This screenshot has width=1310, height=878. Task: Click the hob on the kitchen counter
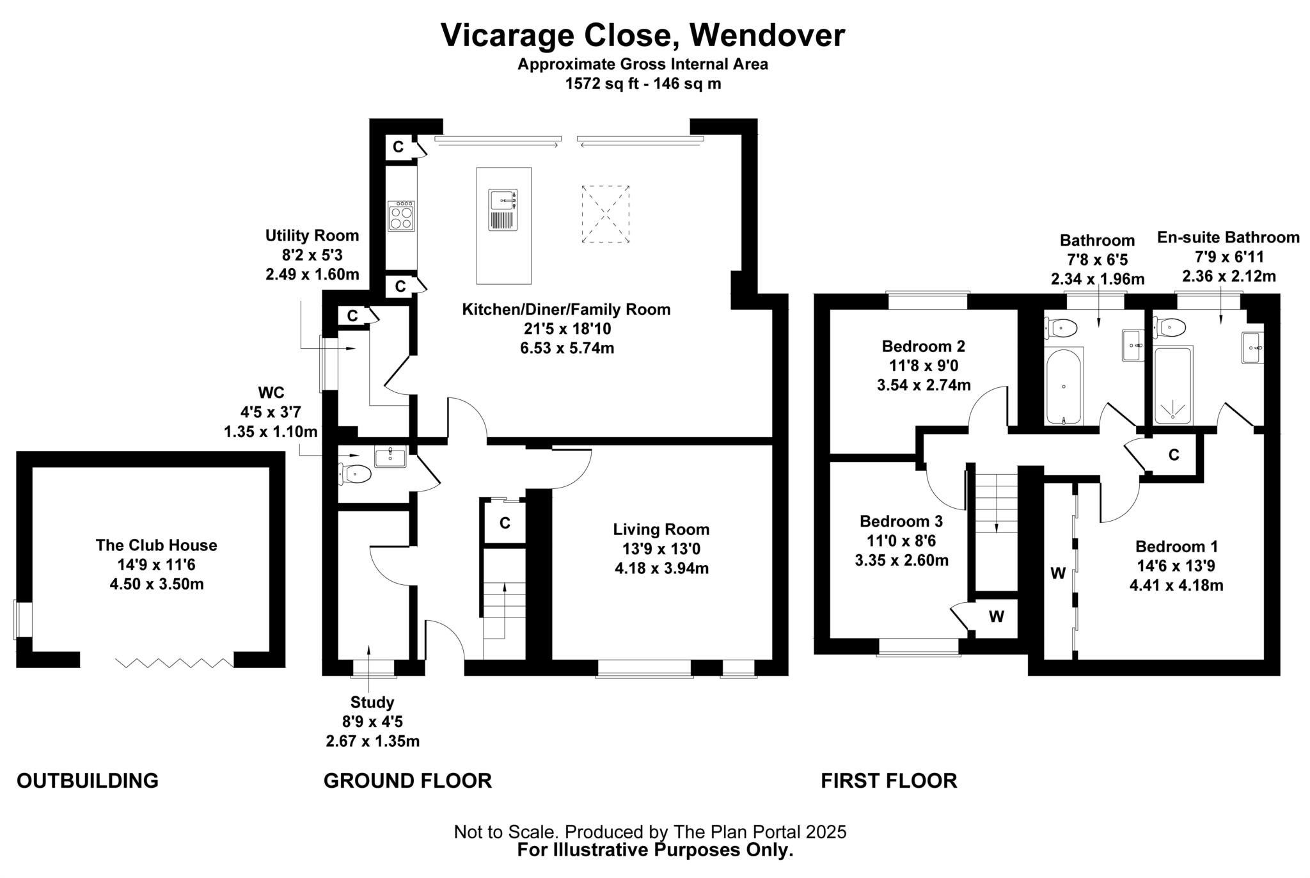[x=401, y=216]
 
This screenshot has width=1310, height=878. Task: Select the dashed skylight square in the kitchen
[x=605, y=214]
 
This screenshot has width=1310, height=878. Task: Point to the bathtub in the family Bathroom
[x=1063, y=386]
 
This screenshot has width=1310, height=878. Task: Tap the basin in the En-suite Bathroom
[x=1252, y=347]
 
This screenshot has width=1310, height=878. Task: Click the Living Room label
[x=661, y=529]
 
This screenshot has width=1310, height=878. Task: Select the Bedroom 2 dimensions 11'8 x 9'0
[x=923, y=365]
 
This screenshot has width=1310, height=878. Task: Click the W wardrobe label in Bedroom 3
[x=996, y=617]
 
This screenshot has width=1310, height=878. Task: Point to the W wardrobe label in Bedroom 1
[x=1058, y=573]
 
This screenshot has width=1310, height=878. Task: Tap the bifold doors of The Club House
[x=175, y=663]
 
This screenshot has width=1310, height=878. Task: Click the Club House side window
[x=24, y=619]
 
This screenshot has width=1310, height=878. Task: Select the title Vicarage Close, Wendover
[x=642, y=35]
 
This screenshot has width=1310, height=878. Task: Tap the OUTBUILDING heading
[x=88, y=781]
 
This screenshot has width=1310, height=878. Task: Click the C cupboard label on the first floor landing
[x=1174, y=455]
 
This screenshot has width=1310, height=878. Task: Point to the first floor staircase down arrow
[x=996, y=518]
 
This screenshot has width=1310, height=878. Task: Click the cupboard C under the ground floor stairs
[x=505, y=523]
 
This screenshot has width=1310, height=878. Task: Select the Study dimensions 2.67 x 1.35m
[x=372, y=741]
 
